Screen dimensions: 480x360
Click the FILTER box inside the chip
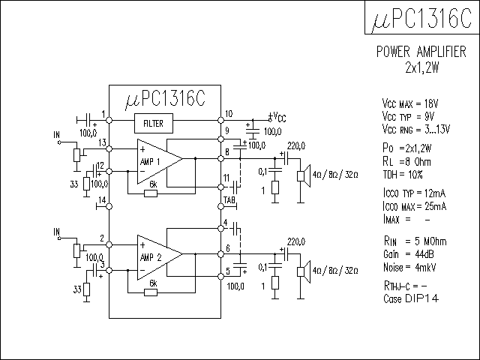(x=154, y=123)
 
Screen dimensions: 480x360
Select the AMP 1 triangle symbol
(x=160, y=162)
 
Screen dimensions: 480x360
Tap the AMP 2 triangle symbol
(x=160, y=257)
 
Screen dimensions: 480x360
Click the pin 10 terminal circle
(x=220, y=120)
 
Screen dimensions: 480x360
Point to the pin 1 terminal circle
(x=109, y=120)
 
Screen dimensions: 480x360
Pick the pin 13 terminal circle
(x=109, y=148)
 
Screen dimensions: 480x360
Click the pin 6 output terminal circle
(x=220, y=253)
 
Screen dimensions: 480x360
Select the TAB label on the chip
(x=229, y=200)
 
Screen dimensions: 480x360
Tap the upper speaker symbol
(x=304, y=175)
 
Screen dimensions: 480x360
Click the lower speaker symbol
(x=304, y=271)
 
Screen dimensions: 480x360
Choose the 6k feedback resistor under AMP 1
(x=151, y=193)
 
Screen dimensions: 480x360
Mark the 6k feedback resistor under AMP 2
(x=151, y=292)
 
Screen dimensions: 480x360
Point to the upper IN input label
(x=57, y=135)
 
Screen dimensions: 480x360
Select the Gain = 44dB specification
(x=409, y=254)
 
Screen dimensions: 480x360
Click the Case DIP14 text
(x=411, y=298)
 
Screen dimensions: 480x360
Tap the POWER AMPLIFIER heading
(x=421, y=52)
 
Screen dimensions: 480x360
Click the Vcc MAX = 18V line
(x=410, y=103)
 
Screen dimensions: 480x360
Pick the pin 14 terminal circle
(x=109, y=207)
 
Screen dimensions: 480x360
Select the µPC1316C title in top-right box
(x=421, y=18)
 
